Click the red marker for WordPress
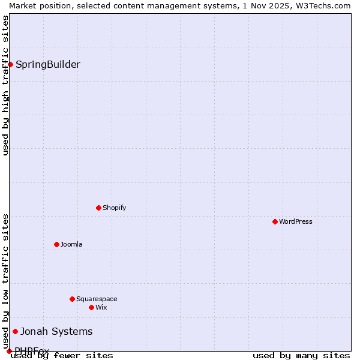point(275,221)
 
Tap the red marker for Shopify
point(98,208)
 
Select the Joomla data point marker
point(56,244)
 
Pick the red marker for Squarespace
point(72,299)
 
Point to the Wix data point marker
point(91,307)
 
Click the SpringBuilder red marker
point(10,64)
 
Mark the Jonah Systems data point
point(15,331)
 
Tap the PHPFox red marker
point(9,351)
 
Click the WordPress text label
point(295,221)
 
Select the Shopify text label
point(114,208)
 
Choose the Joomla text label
point(71,244)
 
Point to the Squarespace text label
point(97,299)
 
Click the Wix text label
point(101,307)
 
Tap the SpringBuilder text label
point(47,64)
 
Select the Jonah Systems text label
point(56,331)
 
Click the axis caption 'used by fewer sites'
point(62,355)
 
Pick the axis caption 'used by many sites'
point(301,355)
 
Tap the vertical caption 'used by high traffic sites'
point(5,85)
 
